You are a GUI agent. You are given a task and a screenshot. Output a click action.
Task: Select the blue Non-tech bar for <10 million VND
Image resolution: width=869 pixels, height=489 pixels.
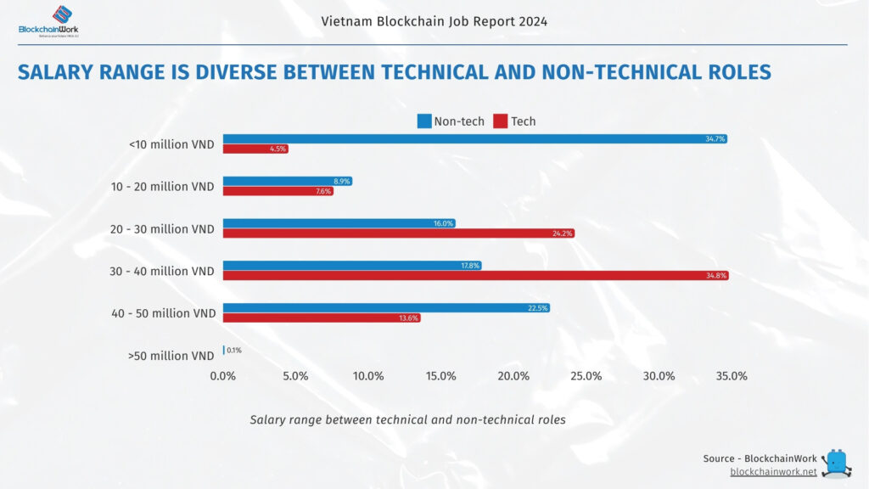(474, 138)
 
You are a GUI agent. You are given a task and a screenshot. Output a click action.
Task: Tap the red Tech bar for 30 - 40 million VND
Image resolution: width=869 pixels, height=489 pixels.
(475, 276)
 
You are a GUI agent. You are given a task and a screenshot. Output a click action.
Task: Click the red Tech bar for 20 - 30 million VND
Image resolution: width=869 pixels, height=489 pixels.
(398, 233)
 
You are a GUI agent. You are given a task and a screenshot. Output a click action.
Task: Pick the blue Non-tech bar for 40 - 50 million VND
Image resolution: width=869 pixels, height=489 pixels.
(386, 308)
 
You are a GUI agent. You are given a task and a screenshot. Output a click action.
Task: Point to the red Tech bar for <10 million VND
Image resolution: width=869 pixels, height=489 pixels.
(255, 149)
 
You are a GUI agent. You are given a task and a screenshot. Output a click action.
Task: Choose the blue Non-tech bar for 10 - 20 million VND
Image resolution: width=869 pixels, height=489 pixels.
(287, 181)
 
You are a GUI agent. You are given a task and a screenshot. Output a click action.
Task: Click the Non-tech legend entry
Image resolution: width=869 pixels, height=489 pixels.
(451, 121)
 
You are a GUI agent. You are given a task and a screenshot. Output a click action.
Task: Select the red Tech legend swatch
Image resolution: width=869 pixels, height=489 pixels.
(501, 121)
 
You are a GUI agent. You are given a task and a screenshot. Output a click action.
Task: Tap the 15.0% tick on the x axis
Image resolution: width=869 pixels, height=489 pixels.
(441, 376)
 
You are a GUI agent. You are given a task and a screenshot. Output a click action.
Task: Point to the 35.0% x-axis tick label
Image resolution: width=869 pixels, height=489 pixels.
(732, 376)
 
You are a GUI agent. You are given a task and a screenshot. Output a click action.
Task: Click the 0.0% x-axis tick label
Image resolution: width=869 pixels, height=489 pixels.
(223, 376)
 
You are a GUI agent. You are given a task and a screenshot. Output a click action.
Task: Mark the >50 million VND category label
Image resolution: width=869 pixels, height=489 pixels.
(172, 356)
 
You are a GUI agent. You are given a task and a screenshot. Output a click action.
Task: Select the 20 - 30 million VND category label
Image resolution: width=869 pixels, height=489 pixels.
(163, 229)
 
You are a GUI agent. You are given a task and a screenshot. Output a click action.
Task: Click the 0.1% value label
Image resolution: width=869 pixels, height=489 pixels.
(234, 351)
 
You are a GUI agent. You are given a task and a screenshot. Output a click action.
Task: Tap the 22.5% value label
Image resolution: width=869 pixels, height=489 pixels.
(537, 308)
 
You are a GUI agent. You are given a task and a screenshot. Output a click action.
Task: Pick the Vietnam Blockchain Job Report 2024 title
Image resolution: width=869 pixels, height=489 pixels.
(434, 21)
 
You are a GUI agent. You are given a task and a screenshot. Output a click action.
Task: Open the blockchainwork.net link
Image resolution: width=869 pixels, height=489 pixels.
(773, 471)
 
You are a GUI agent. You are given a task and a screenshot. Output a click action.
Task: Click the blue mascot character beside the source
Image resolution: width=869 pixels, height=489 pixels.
(838, 464)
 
